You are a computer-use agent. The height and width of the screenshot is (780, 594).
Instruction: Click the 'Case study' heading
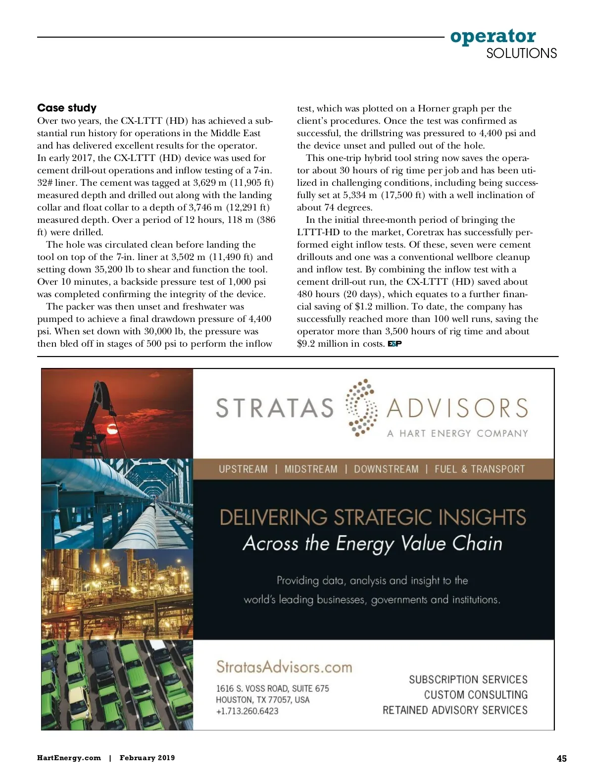click(67, 108)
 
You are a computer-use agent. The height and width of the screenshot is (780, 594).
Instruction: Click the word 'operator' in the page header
click(493, 36)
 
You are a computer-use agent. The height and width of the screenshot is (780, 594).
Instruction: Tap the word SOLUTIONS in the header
click(521, 53)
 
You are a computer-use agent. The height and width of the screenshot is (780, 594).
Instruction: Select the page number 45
click(561, 758)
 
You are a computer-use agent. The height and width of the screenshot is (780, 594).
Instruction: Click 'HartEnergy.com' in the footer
click(69, 758)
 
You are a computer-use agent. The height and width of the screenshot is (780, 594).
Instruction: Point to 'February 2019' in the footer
click(147, 758)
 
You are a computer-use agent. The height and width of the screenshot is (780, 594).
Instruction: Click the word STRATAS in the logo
click(275, 408)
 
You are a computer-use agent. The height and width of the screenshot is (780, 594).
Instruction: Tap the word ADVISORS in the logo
click(457, 408)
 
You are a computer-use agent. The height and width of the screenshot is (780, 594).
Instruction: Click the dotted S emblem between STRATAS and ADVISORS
click(361, 408)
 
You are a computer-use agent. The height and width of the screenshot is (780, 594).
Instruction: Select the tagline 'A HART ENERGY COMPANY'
click(457, 433)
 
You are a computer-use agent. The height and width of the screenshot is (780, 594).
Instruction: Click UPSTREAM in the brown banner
click(243, 469)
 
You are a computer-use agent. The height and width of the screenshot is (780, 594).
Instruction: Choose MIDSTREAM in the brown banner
click(311, 469)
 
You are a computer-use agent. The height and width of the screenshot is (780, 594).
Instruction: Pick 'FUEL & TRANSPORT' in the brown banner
click(479, 469)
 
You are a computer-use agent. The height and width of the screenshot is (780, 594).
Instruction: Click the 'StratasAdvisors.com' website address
click(284, 667)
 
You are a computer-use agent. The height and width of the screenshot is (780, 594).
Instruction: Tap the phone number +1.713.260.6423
click(247, 711)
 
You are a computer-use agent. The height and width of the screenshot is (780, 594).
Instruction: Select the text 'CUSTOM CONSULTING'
click(476, 695)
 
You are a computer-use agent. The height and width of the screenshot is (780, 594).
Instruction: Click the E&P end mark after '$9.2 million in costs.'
click(395, 344)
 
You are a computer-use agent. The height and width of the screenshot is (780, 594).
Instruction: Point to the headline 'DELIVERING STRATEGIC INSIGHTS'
click(372, 518)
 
